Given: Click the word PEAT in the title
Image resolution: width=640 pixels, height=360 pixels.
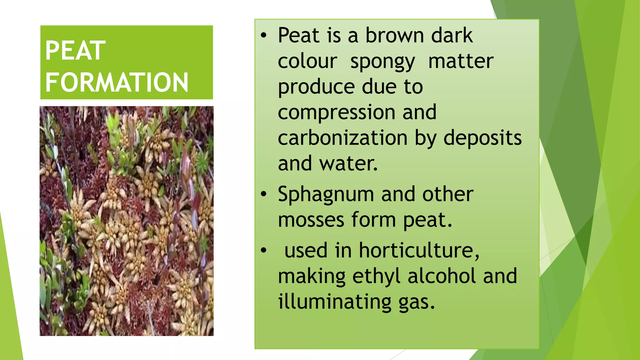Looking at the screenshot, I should pos(75,51).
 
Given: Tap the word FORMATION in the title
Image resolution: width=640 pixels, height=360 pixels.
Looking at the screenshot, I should pos(117,82).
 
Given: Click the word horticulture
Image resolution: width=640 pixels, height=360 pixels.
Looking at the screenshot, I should pos(419,251).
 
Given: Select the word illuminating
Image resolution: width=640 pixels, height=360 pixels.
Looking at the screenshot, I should pos(335,302).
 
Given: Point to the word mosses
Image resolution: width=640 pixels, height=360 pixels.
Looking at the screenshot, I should pos(311,220).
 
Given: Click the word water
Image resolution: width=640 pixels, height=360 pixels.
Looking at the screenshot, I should pos(348,163).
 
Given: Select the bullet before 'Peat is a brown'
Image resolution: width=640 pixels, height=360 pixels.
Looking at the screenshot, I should pos(264,36).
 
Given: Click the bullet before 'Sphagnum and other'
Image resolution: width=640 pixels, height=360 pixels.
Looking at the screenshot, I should pos(264,194).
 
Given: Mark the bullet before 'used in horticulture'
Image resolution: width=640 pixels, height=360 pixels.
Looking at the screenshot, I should pos(264,251).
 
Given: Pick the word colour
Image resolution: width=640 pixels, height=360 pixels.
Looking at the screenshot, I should pos(307,61).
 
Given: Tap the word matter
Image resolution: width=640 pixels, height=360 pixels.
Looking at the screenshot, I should pos(461,61).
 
